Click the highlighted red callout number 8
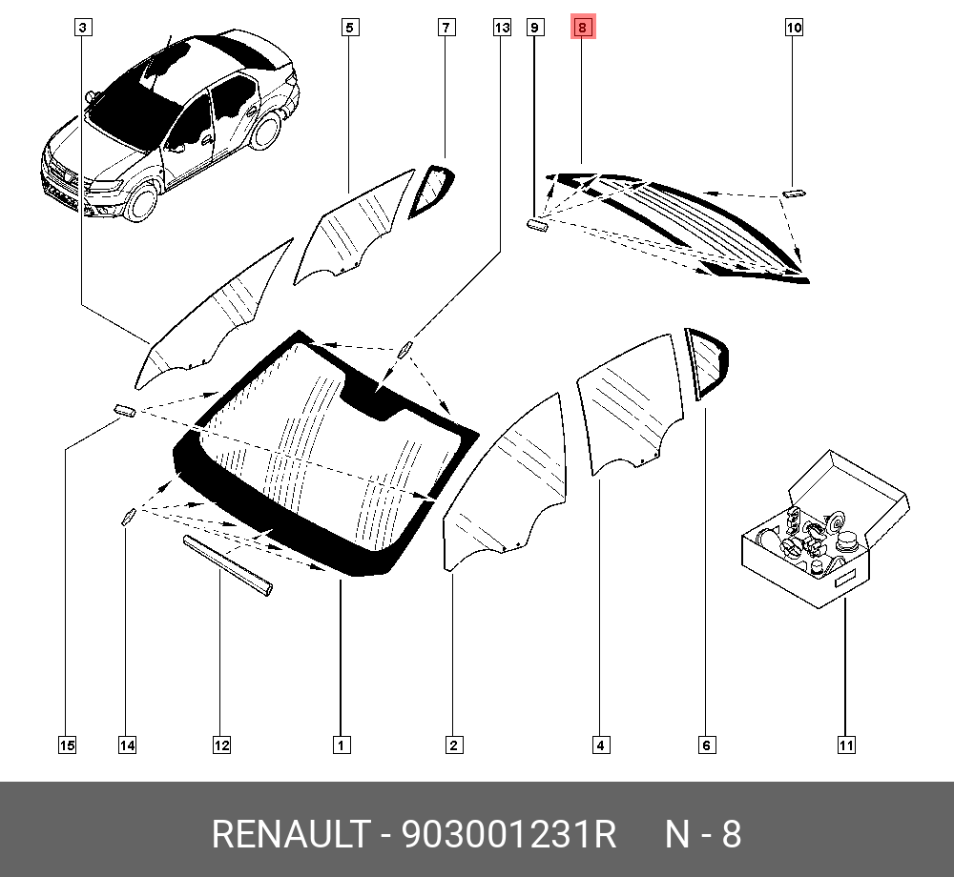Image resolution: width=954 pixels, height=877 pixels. [582, 28]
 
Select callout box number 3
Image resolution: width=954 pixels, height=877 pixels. [83, 28]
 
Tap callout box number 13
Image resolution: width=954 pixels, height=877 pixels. [502, 28]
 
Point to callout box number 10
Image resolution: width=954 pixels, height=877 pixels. [794, 28]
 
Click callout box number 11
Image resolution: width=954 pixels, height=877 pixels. [845, 745]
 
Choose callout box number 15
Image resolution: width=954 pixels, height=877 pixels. [67, 745]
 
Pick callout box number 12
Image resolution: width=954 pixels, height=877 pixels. [221, 745]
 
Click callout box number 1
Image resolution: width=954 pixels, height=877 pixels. [340, 745]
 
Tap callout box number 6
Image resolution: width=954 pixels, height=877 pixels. [706, 745]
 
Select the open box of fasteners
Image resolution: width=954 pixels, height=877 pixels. [823, 534]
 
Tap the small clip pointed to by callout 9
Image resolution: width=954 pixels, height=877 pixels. [538, 225]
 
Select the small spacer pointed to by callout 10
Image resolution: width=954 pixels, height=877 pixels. [794, 194]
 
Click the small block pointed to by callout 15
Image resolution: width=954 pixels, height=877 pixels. [125, 410]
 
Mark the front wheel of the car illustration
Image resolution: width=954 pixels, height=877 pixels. [142, 202]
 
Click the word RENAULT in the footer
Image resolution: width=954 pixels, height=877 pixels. [288, 835]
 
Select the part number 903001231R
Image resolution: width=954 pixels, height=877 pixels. [508, 835]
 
